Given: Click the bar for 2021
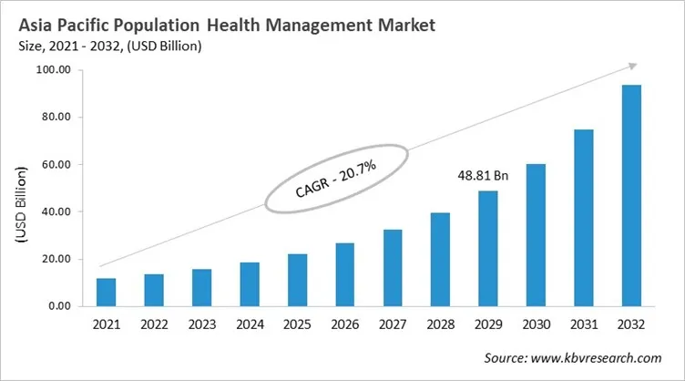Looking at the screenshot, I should coord(107,293).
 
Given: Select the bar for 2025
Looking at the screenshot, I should coord(297,281).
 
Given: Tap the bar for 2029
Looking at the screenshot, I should coord(487,249).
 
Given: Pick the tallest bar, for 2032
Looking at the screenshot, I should coord(630,196).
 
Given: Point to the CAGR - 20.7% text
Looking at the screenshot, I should coord(336,178).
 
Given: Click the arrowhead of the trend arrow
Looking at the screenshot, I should coord(631,66).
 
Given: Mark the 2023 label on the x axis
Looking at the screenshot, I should coord(201,324).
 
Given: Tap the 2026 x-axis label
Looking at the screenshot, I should coord(344,324).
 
